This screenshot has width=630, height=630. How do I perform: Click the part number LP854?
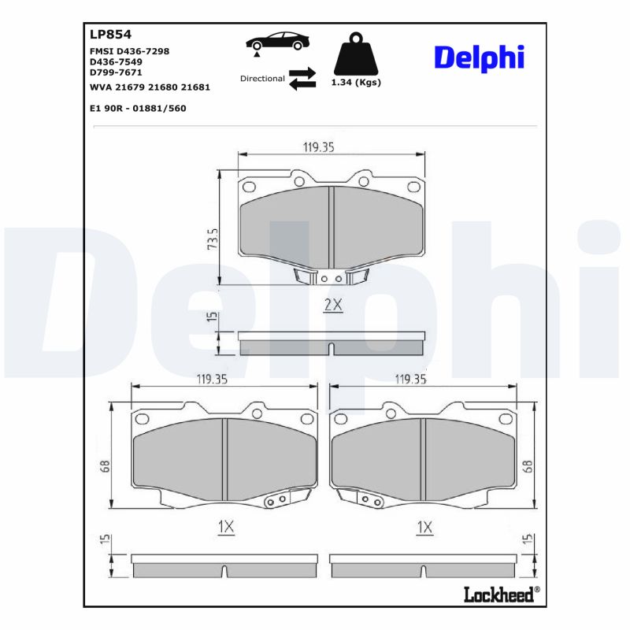tap(110, 34)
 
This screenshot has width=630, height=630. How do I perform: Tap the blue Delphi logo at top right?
tap(478, 57)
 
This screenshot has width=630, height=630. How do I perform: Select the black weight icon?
tap(355, 54)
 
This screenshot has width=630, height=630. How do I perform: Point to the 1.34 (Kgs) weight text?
tap(355, 83)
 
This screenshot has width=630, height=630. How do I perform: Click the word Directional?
tap(262, 79)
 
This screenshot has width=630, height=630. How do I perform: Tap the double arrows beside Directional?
tap(302, 79)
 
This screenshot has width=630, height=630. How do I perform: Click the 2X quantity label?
tap(333, 305)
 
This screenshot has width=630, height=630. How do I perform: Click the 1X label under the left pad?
tap(225, 527)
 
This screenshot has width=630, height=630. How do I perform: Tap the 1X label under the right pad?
tap(424, 527)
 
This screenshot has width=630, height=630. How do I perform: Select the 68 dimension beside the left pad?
tap(105, 466)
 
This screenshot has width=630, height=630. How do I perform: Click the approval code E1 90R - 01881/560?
tap(138, 108)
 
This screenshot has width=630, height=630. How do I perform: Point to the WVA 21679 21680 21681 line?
tap(150, 87)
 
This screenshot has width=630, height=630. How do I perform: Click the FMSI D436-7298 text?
tap(130, 50)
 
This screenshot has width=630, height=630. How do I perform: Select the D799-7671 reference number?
tap(116, 72)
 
